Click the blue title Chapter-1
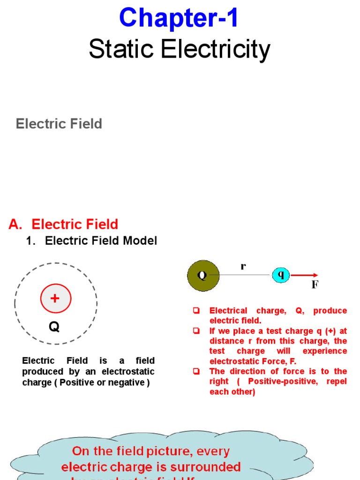179,19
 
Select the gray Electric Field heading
59,124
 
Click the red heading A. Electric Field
63,224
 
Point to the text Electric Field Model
101,241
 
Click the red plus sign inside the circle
55,298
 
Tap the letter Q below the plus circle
54,326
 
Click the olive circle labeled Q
203,276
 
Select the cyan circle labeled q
281,275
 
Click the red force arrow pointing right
304,275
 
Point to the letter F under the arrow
315,285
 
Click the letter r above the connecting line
243,266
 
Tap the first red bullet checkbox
196,310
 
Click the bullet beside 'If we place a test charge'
196,331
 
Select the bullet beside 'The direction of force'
196,371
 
